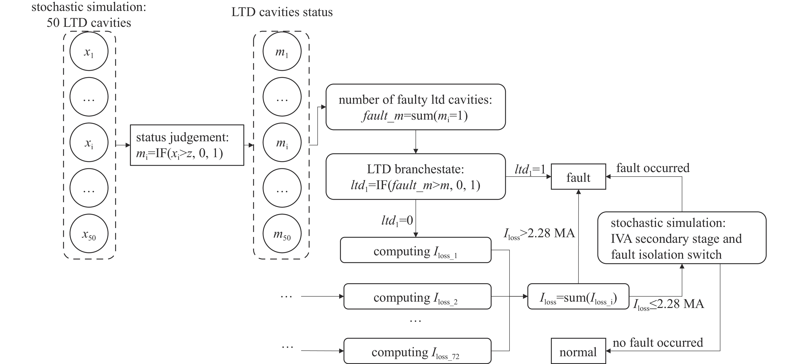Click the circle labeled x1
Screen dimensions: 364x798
(89, 51)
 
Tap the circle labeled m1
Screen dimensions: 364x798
(282, 51)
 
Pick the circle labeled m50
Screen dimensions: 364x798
(282, 234)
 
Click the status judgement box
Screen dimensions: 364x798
(187, 145)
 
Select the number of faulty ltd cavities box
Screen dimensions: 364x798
(415, 107)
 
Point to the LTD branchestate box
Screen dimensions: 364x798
(415, 177)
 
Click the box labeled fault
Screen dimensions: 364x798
(578, 177)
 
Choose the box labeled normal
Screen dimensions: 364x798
(578, 351)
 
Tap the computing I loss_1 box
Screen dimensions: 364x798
(415, 250)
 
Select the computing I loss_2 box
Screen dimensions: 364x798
(417, 296)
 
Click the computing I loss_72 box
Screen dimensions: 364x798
(417, 351)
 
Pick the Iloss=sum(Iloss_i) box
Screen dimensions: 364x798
(578, 296)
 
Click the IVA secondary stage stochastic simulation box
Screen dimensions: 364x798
(682, 238)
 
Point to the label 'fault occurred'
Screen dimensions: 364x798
(653, 168)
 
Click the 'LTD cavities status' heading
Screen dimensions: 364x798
(282, 12)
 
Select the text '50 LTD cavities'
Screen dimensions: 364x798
(89, 23)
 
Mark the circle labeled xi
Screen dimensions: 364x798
(89, 142)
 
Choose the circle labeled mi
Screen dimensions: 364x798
(282, 142)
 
